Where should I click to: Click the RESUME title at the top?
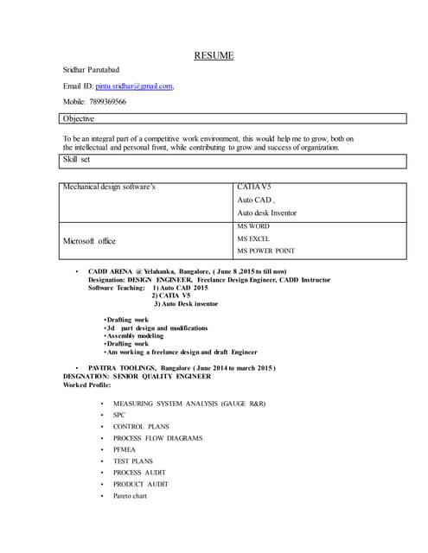click(213, 56)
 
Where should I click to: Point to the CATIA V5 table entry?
click(253, 187)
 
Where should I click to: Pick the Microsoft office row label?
click(89, 240)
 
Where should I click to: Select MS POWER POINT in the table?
click(265, 251)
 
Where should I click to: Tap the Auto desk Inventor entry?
click(266, 213)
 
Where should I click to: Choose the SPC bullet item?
click(119, 415)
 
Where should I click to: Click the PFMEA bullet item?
click(125, 449)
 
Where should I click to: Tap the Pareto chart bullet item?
click(130, 496)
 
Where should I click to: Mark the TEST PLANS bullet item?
click(132, 461)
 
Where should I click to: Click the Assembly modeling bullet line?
click(134, 335)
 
